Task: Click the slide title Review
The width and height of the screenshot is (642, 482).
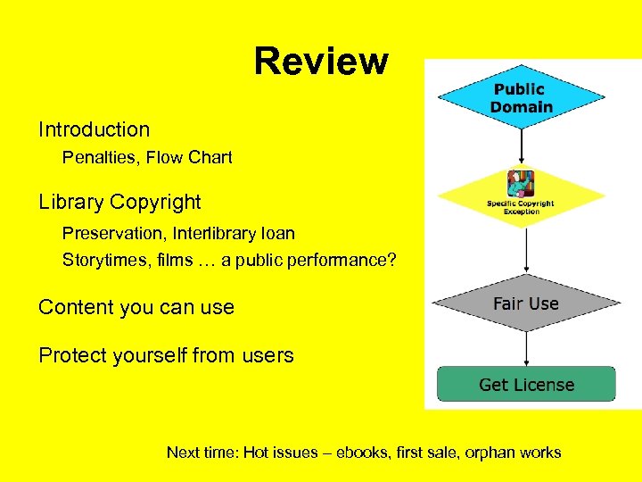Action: click(x=321, y=62)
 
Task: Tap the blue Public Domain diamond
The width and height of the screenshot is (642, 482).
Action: click(x=522, y=98)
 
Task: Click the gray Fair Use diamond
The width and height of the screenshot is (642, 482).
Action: click(x=525, y=303)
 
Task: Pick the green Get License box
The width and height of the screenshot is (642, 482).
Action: click(x=526, y=385)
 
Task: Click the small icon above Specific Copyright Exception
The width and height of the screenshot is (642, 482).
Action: click(x=520, y=184)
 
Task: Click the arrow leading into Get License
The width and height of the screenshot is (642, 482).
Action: click(x=526, y=348)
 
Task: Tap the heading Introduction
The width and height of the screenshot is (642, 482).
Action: click(x=94, y=129)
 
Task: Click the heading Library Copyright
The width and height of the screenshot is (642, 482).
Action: click(x=119, y=203)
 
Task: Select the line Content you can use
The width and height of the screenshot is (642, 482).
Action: click(x=136, y=308)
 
